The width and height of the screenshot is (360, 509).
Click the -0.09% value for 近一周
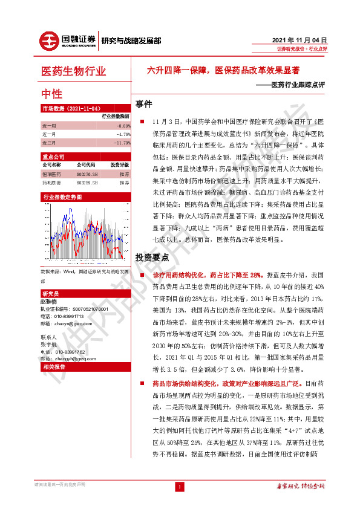pos(122,126)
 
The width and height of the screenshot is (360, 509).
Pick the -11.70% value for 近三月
pos(120,143)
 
